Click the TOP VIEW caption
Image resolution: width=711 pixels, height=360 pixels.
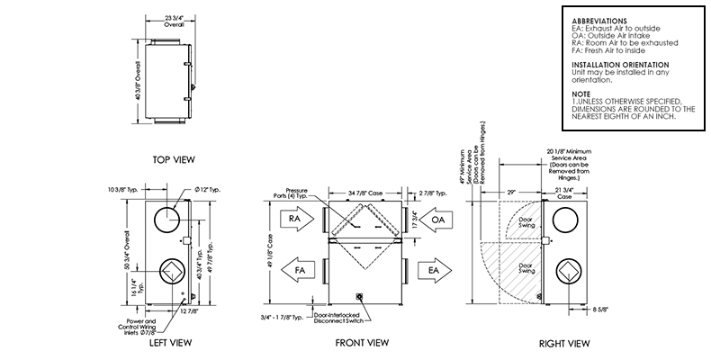pyautogui.click(x=174, y=159)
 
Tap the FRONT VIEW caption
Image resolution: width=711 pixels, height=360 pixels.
pyautogui.click(x=362, y=343)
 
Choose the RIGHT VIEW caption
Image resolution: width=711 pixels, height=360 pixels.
pyautogui.click(x=563, y=343)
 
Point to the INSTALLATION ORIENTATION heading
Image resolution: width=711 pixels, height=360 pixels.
pyautogui.click(x=620, y=66)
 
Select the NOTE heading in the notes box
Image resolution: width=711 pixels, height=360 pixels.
pyautogui.click(x=583, y=93)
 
